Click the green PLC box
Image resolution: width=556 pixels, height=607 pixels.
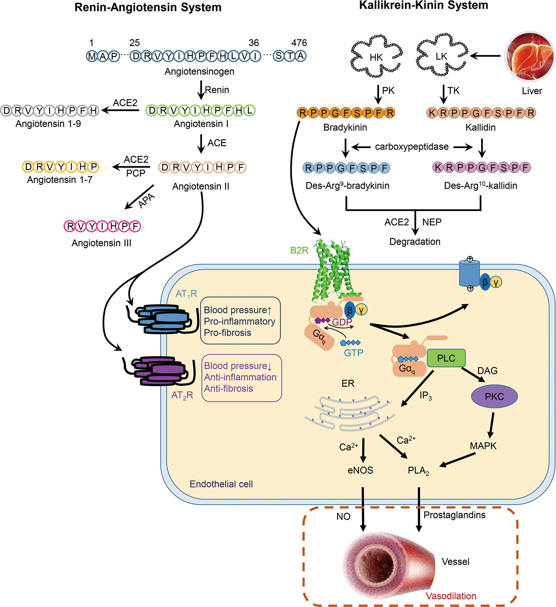pos(446,358)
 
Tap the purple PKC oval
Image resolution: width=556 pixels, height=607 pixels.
pos(494,396)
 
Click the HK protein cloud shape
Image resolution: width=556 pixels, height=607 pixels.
pos(376,56)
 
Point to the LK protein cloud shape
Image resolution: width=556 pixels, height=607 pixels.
pos(442,55)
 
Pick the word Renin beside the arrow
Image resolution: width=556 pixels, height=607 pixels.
pos(217,90)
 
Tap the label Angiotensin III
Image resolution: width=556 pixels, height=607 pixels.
pos(101,243)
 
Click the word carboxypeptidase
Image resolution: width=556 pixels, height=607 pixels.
pos(412,147)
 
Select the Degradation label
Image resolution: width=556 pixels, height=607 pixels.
pos(415,241)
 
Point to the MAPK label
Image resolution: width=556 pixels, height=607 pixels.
pos(483,446)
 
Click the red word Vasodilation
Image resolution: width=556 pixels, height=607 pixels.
pos(451,596)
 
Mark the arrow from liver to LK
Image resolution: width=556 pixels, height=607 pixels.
pos(485,56)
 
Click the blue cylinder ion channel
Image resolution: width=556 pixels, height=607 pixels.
pos(469,273)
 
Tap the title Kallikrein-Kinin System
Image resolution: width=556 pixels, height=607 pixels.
pos(424,5)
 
